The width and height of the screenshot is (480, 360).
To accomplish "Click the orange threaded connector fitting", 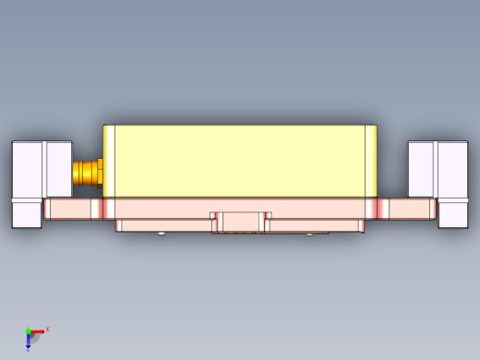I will click(87, 173).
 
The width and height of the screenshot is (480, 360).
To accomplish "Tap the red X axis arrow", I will click(38, 331).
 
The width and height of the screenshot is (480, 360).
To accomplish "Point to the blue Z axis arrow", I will click(28, 341).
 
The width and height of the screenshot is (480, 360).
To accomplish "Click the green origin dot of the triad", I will click(28, 331).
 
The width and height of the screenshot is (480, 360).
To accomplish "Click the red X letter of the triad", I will click(47, 329).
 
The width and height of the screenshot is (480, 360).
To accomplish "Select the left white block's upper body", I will click(42, 168).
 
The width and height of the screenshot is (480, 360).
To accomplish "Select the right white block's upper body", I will click(438, 168).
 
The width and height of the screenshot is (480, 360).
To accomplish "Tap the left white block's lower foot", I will click(26, 214).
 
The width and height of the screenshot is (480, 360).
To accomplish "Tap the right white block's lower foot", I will click(452, 214).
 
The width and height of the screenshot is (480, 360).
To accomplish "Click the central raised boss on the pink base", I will click(241, 222).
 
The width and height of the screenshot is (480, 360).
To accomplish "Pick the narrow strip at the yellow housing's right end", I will click(371, 161).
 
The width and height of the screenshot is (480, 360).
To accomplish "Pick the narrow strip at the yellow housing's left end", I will click(109, 161).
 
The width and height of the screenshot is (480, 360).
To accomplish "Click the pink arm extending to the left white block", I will click(72, 209).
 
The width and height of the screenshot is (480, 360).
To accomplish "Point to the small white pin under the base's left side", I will click(162, 234).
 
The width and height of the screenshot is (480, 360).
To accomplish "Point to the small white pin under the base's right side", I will click(309, 234).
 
